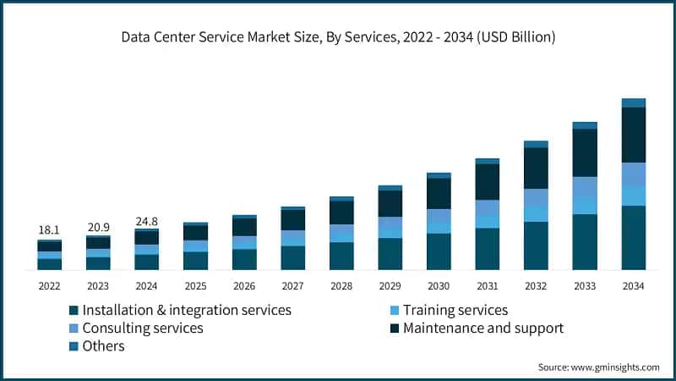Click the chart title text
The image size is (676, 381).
pos(338,38)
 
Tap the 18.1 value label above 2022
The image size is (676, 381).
pos(49,230)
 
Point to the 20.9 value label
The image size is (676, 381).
pos(98,227)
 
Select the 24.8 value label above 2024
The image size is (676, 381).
pos(147,221)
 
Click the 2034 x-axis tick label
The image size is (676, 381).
pos(633,286)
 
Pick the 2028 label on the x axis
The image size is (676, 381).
pos(341,286)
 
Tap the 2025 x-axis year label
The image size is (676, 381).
pos(195,286)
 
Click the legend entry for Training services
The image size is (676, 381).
pos(455,310)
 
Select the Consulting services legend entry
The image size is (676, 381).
pos(142,328)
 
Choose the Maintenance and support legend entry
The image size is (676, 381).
pos(482,328)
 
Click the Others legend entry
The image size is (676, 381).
pos(103,345)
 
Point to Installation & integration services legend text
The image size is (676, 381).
pos(186,310)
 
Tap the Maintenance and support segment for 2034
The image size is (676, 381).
pos(633,135)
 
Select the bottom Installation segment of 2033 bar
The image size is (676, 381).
pos(585,242)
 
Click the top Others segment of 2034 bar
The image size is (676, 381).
pos(633,102)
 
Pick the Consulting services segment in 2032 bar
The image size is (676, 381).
pos(536,196)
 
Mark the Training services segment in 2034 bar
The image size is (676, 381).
pos(633,196)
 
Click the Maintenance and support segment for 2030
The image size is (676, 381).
pos(439,194)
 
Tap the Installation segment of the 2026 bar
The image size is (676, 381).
pos(244,259)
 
